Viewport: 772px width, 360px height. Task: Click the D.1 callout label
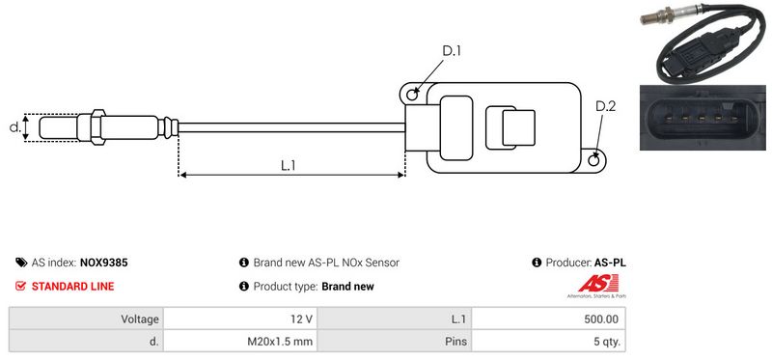[x=451, y=51]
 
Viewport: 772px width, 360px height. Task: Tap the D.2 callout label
[x=605, y=106]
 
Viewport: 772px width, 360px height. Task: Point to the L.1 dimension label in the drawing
[x=288, y=165]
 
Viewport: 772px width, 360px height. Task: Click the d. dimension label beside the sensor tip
[x=15, y=127]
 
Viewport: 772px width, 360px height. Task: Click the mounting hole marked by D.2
[x=594, y=160]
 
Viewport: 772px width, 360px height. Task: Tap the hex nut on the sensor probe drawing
[x=97, y=127]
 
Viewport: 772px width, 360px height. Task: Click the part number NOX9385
[x=103, y=263]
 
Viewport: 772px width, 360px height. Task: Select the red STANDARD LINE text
[x=73, y=286]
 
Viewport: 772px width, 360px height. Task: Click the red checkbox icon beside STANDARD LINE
[x=20, y=286]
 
